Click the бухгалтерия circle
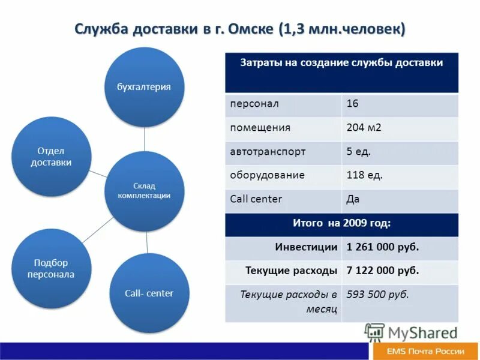144,87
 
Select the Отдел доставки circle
52,156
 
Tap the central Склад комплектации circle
144,191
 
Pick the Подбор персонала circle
52,268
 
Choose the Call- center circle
149,293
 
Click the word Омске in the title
251,29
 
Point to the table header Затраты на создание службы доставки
341,62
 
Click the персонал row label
254,104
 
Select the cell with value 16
353,104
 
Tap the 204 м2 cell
364,128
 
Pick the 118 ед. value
365,175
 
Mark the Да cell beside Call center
353,199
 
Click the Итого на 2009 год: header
341,223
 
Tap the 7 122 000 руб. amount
383,271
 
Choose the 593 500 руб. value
378,295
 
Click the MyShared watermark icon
374,332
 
